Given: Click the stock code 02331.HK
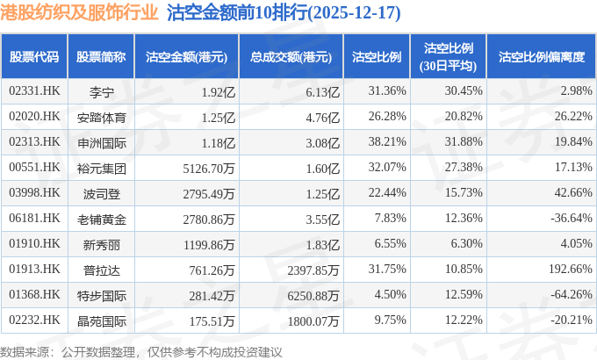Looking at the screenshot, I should click(x=34, y=91).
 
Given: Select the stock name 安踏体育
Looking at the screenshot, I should click(x=102, y=117).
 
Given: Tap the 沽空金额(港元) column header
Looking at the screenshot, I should click(x=186, y=57).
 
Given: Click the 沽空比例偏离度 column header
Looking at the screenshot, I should click(x=541, y=57).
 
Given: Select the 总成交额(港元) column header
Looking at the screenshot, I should click(x=291, y=57).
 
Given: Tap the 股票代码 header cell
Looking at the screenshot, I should click(x=34, y=57).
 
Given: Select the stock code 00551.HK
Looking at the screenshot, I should click(x=34, y=167).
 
